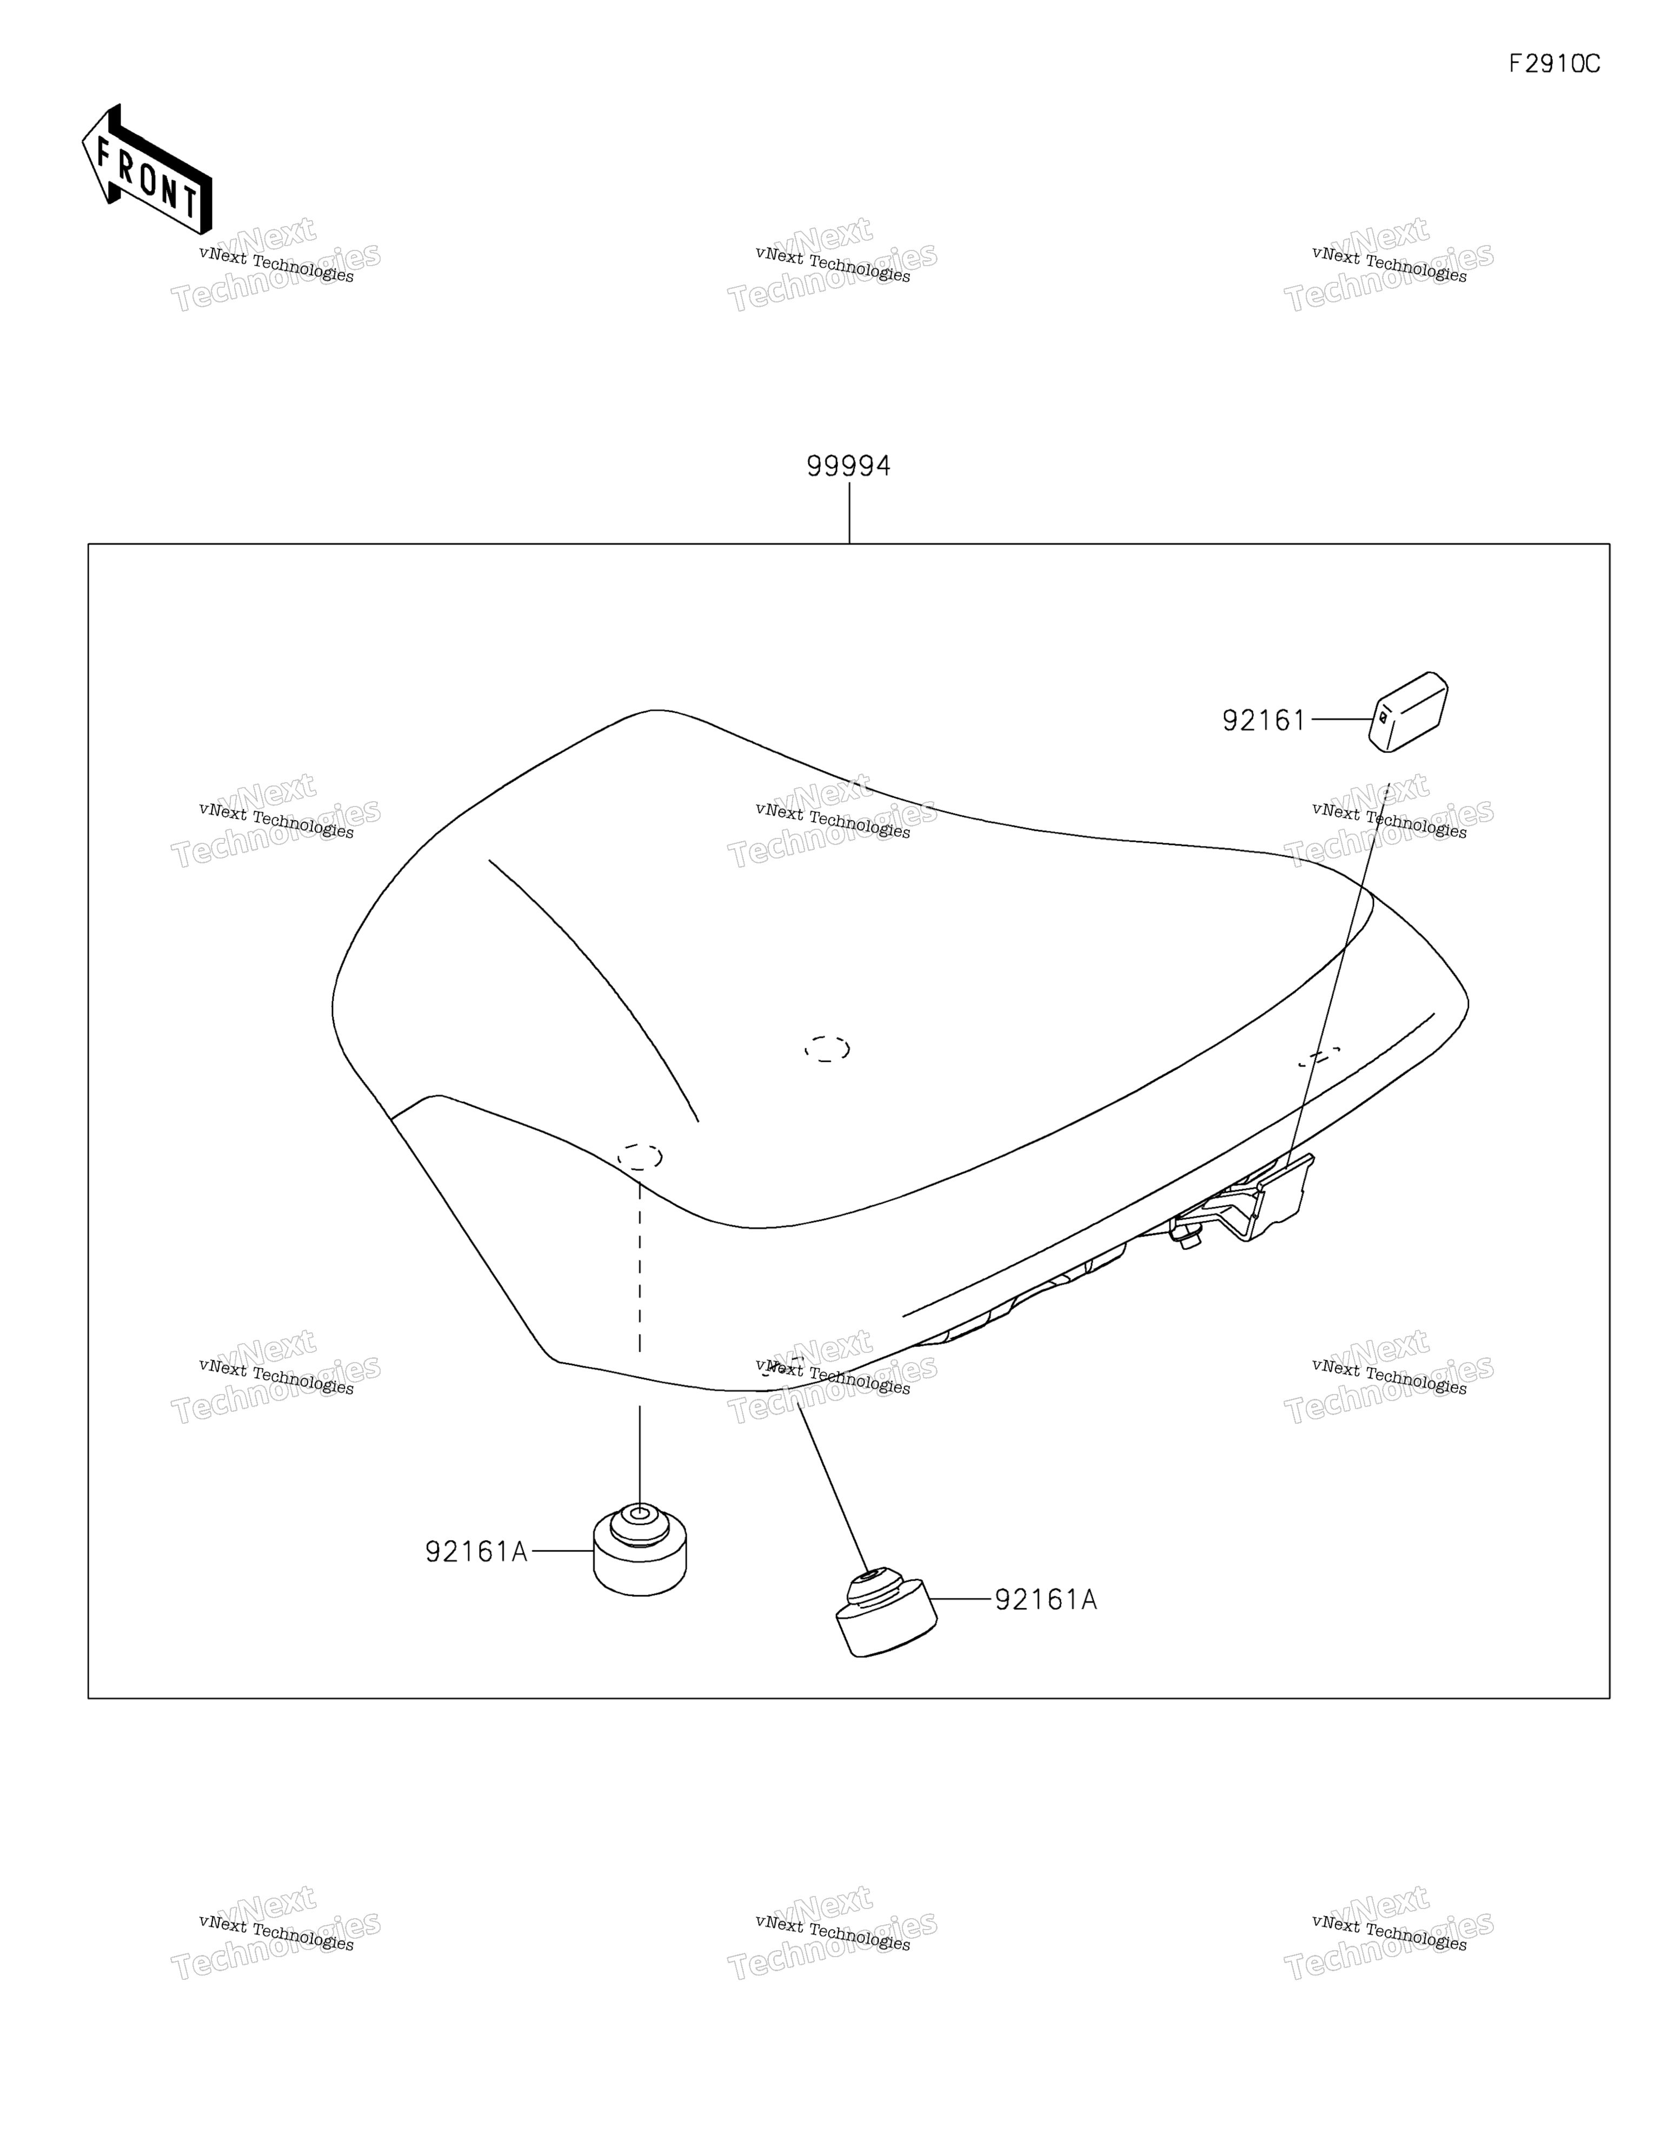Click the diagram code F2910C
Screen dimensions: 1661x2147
[x=1554, y=64]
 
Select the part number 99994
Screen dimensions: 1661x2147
[x=848, y=466]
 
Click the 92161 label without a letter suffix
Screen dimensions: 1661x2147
[x=1263, y=721]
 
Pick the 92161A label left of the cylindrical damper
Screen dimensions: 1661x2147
[x=476, y=1551]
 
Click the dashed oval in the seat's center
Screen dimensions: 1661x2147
[x=827, y=1049]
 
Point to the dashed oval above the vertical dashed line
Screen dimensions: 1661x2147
[x=639, y=1156]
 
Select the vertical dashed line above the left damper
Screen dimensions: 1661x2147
[x=640, y=1268]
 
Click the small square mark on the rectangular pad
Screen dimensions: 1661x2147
[x=1384, y=718]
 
